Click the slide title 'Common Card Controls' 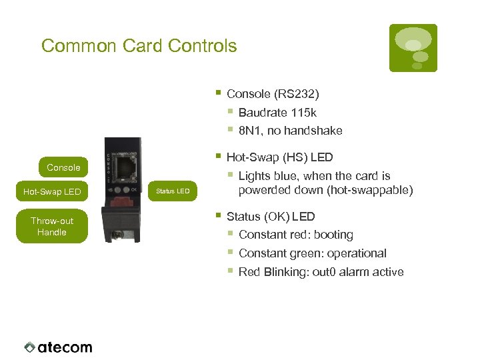[x=139, y=46]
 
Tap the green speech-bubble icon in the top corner [x=413, y=47]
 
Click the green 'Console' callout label [x=63, y=167]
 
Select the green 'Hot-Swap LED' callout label [x=52, y=192]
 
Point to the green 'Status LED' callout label [x=173, y=191]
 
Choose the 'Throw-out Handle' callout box [x=52, y=227]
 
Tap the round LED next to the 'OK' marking [x=125, y=189]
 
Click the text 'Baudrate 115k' [x=277, y=113]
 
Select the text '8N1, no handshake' [x=290, y=131]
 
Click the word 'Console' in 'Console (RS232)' [x=248, y=94]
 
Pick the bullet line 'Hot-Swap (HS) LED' [x=279, y=157]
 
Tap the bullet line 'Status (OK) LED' [x=271, y=217]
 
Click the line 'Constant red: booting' [x=295, y=235]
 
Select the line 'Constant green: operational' [x=312, y=253]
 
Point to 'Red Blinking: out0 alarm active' [x=321, y=271]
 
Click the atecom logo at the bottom [x=59, y=347]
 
